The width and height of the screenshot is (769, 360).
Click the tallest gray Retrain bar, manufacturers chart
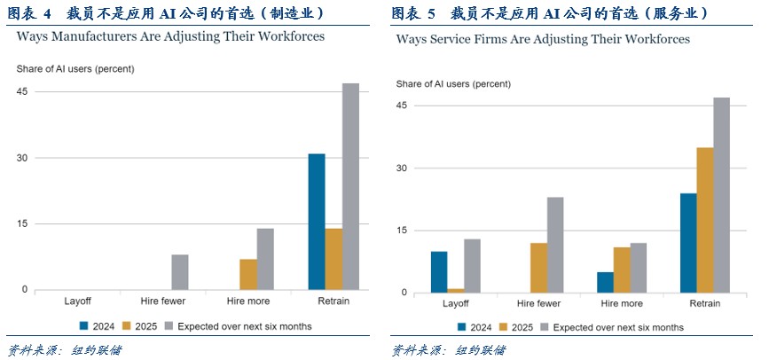coord(350,186)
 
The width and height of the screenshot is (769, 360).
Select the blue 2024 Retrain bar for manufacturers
coord(317,222)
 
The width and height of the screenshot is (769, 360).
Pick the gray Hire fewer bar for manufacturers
coord(180,272)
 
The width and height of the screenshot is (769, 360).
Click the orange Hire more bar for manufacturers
coord(248,274)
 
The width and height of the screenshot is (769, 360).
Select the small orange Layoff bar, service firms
coord(456,290)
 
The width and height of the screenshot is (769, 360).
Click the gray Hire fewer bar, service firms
coord(555,245)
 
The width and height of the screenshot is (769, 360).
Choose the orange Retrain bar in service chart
coord(705,220)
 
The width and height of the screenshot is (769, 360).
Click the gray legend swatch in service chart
coord(542,327)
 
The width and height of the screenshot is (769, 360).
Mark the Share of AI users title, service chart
coord(453,83)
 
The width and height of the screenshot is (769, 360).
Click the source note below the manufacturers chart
coord(64,349)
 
